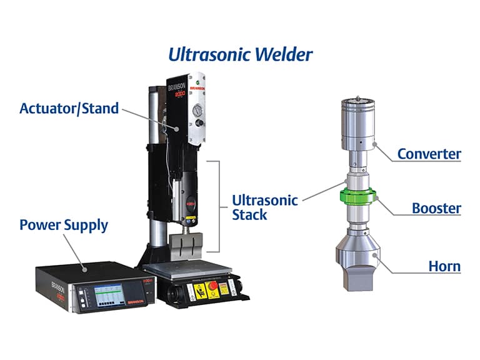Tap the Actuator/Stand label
point(69,108)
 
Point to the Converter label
point(429,153)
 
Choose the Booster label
point(436,208)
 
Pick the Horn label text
point(444,266)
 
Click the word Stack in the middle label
point(249,215)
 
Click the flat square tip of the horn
point(358,274)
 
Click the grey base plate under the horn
point(181,266)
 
